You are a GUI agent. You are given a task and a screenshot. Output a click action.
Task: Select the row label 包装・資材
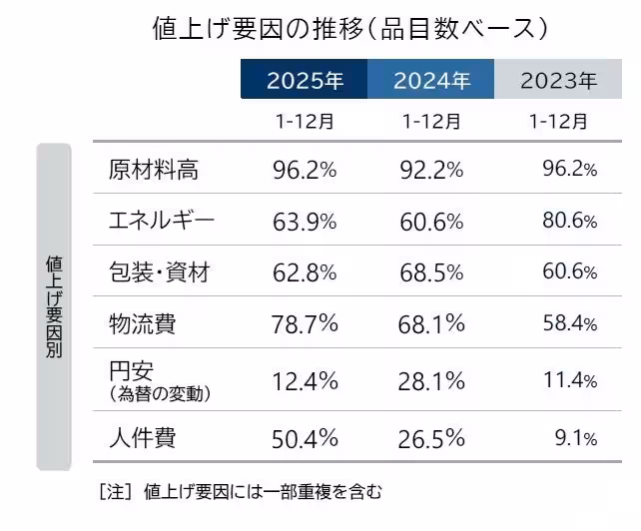pyautogui.click(x=159, y=271)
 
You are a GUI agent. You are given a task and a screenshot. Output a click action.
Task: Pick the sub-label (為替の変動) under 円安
pyautogui.click(x=159, y=394)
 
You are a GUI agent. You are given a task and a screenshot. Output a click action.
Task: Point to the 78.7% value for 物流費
pyautogui.click(x=305, y=322)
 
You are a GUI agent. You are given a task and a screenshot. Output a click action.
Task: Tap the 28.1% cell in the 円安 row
pyautogui.click(x=430, y=380)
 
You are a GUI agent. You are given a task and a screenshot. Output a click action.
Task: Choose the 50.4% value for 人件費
pyautogui.click(x=305, y=437)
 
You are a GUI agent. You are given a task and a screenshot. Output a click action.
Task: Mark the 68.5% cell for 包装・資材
pyautogui.click(x=430, y=271)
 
